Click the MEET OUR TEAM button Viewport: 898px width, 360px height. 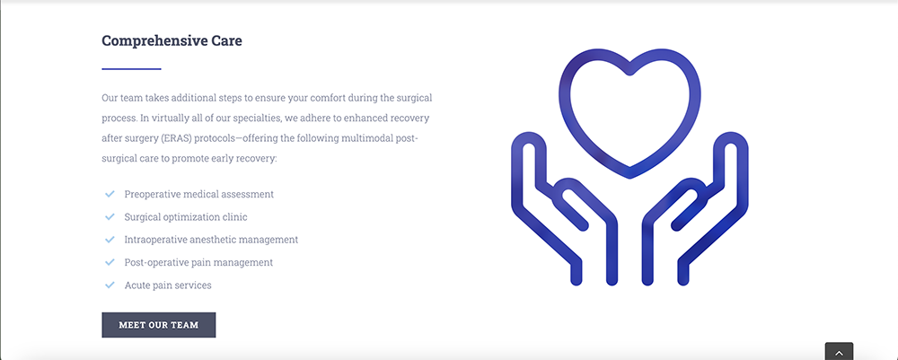pos(159,325)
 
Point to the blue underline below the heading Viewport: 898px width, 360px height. pos(131,69)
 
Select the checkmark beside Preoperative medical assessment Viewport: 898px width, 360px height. pos(110,194)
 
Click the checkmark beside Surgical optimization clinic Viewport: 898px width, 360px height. pos(110,217)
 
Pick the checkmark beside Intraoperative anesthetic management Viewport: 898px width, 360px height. pos(110,239)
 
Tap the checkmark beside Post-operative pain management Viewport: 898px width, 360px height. pos(110,262)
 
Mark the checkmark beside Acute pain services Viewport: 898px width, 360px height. pos(110,285)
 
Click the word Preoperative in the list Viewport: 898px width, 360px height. pos(153,195)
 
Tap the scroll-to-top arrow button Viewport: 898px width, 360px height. pos(839,351)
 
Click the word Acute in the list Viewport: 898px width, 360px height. pos(136,285)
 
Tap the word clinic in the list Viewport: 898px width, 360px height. pos(234,217)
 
